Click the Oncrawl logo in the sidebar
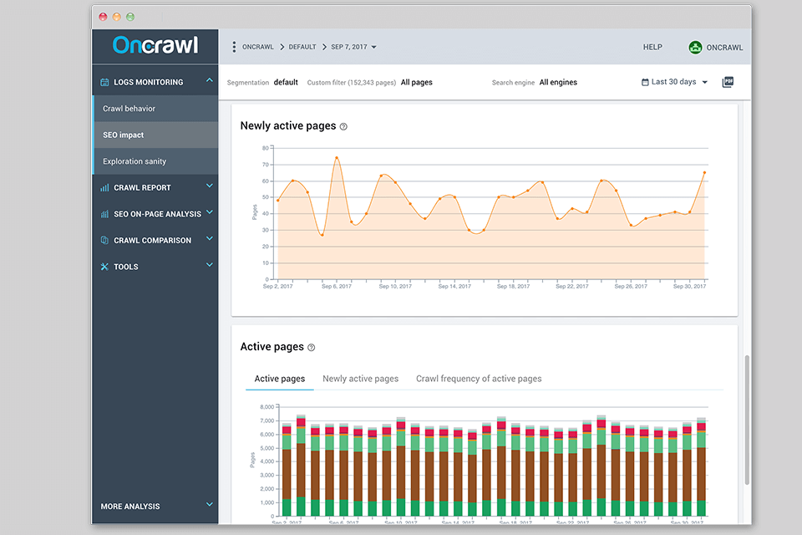tap(155, 45)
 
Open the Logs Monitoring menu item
tap(149, 82)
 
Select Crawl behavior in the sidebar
tap(129, 109)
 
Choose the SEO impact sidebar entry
tap(124, 135)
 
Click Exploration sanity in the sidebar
tap(135, 161)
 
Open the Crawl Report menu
tap(142, 188)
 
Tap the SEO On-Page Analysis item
tap(157, 214)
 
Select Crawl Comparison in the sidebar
tap(152, 241)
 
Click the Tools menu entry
tap(126, 267)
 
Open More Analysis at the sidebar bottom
tap(130, 507)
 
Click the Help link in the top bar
tap(652, 48)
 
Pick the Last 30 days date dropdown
tap(674, 82)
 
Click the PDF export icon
tap(728, 82)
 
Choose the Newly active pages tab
tap(360, 379)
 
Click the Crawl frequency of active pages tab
tap(479, 379)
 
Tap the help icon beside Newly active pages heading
tap(343, 127)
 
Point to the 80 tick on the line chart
tap(266, 148)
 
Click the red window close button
tap(103, 17)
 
